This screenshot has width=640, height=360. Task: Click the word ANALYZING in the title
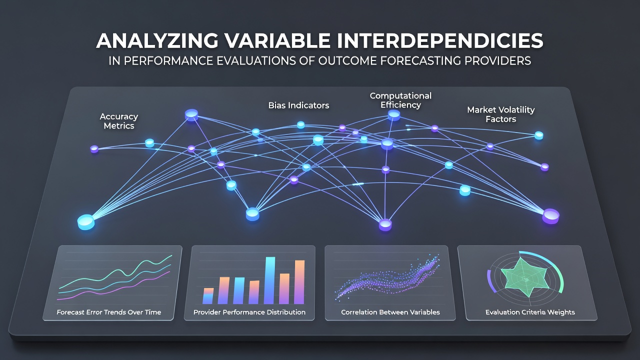coord(157,40)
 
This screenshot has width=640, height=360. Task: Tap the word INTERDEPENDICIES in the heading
coord(440,40)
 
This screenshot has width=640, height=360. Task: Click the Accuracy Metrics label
coord(119,121)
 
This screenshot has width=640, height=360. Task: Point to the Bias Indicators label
coord(298,105)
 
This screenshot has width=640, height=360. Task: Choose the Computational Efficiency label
coord(400,100)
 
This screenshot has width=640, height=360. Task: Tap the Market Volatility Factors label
coord(501,114)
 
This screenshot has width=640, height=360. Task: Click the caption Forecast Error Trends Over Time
coord(109,312)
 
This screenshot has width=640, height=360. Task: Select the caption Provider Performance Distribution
coord(249,312)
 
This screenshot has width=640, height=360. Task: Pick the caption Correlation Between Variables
coord(390,312)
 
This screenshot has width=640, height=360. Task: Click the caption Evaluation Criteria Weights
coord(530,312)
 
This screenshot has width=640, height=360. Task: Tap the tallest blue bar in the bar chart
coord(269,280)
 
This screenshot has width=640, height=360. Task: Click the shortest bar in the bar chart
coord(208,295)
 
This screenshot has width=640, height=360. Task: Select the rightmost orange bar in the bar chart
coord(299,282)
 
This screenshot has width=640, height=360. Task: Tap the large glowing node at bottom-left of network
coord(86,222)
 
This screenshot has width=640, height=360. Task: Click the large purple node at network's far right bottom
coord(551,216)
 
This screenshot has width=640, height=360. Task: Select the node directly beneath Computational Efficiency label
coord(394,115)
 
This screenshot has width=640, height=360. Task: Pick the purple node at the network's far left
coord(94,149)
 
